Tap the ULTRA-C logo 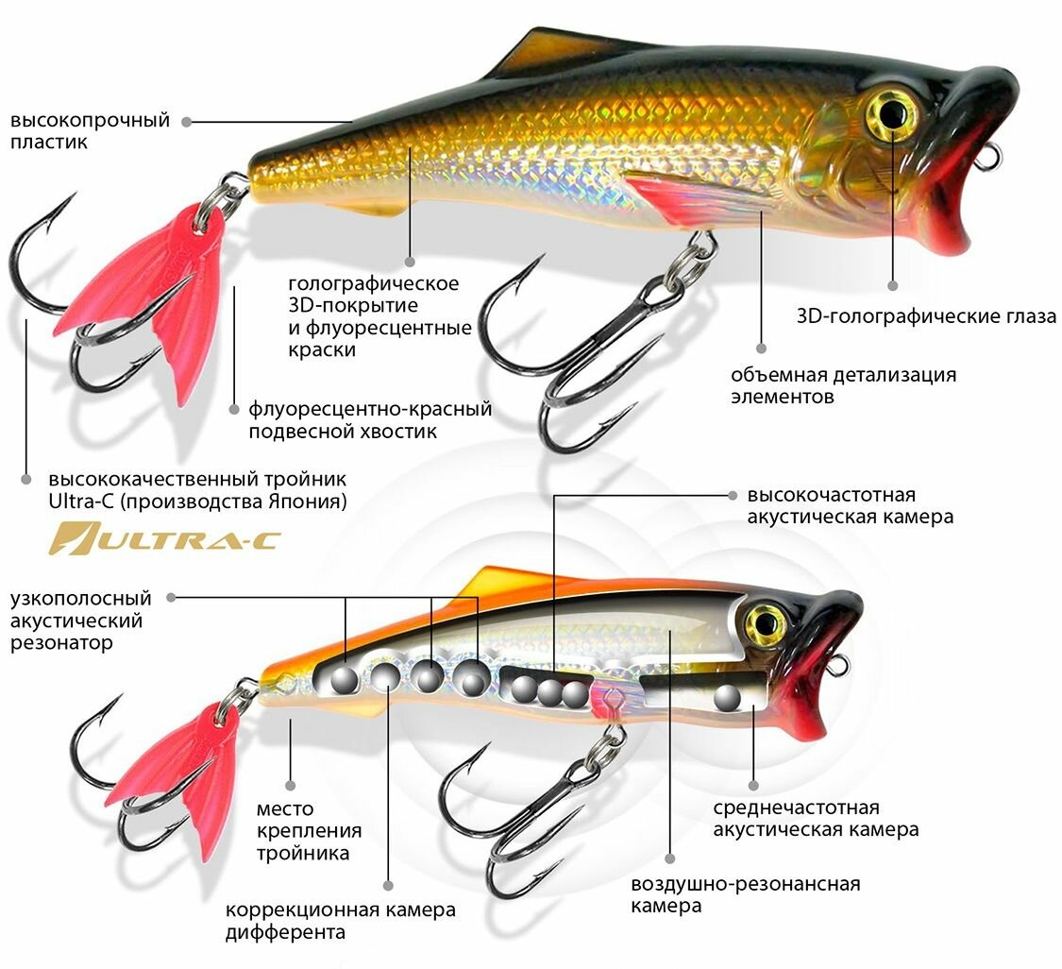pyautogui.click(x=165, y=538)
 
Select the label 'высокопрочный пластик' pyautogui.click(x=90, y=131)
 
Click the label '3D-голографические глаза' pyautogui.click(x=926, y=316)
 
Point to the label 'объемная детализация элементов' pyautogui.click(x=843, y=385)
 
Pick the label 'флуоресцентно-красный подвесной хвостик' pyautogui.click(x=371, y=420)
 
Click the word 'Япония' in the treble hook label pyautogui.click(x=302, y=500)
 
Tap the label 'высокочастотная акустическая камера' pyautogui.click(x=850, y=505)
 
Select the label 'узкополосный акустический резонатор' pyautogui.click(x=80, y=620)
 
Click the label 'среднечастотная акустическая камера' pyautogui.click(x=816, y=819)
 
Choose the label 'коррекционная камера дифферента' pyautogui.click(x=340, y=921)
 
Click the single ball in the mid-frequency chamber pyautogui.click(x=727, y=698)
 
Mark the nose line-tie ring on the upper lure pyautogui.click(x=986, y=158)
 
